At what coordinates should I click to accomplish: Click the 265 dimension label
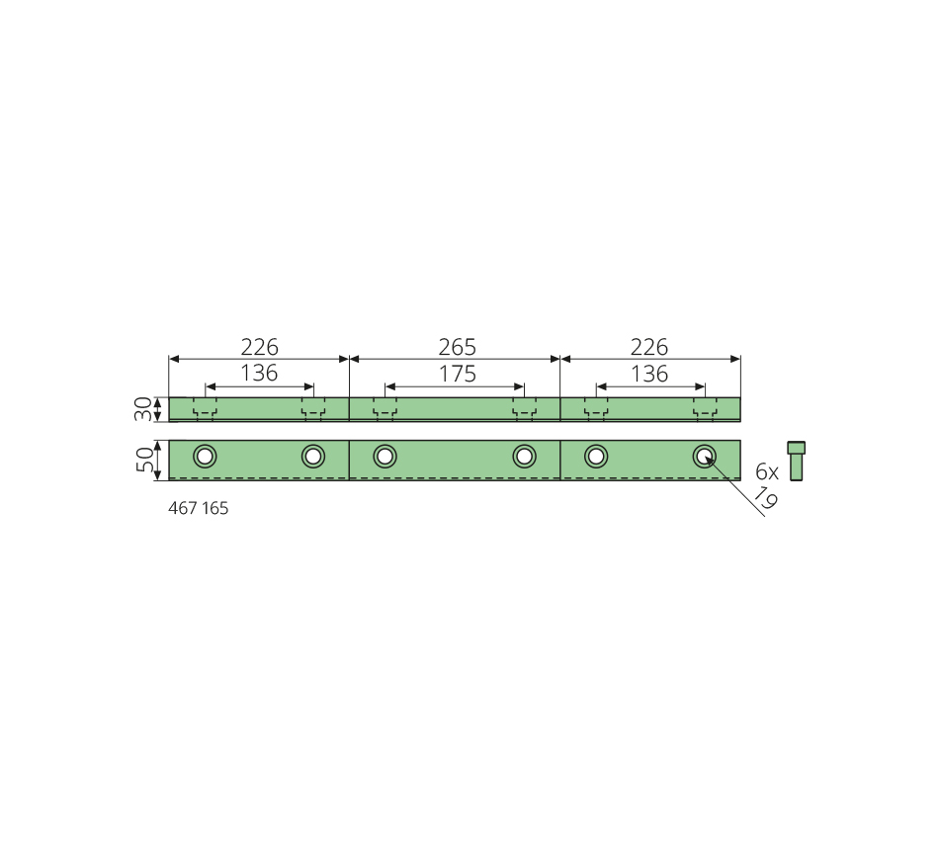point(457,347)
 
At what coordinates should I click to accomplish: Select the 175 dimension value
point(458,374)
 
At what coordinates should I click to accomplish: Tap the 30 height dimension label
point(143,409)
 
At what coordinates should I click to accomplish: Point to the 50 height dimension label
point(144,460)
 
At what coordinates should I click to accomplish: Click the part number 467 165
point(199,508)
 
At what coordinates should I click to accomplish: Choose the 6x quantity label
point(767,472)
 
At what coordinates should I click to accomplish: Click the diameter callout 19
point(765,498)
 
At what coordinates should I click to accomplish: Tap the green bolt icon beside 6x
point(796,461)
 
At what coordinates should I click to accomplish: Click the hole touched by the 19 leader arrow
point(704,457)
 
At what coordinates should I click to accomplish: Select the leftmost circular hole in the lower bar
point(205,457)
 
